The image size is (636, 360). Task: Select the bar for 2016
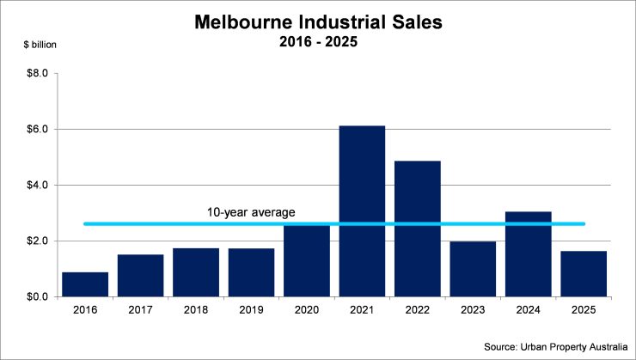pos(84,284)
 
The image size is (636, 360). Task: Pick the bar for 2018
pos(195,272)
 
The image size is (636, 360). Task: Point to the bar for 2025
pos(584,274)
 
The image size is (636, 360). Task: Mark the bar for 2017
pos(140,276)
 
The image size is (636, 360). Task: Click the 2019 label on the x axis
pos(251,310)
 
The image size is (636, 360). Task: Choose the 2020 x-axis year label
pos(306,310)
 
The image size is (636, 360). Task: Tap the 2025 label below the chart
pos(584,310)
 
